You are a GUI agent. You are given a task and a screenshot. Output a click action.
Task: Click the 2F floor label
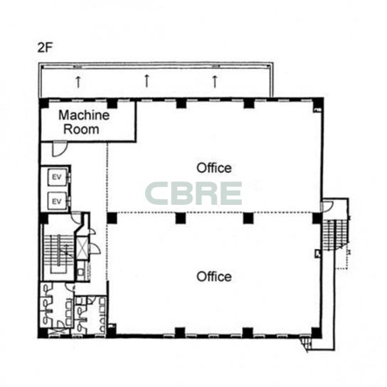click(x=45, y=48)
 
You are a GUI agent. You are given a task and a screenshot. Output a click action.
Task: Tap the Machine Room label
click(x=84, y=122)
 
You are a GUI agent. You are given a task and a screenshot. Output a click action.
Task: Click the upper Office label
click(x=214, y=168)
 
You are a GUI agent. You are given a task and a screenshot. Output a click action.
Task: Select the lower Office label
click(x=214, y=277)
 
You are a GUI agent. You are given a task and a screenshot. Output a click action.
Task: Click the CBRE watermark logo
click(x=193, y=193)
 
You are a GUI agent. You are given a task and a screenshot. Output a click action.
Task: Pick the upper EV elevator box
click(x=57, y=177)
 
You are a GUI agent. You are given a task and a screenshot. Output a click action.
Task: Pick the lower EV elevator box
click(x=57, y=201)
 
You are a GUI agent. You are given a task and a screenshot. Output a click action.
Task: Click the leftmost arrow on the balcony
click(x=78, y=82)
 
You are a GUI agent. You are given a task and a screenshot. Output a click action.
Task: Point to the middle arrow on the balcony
click(x=147, y=80)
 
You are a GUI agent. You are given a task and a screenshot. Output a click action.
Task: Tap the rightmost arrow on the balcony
click(x=215, y=82)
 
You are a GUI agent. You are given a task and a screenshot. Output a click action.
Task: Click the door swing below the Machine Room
click(x=60, y=149)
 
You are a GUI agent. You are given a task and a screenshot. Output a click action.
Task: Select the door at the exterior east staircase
click(x=327, y=206)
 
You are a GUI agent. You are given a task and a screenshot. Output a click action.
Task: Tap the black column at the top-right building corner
click(x=319, y=103)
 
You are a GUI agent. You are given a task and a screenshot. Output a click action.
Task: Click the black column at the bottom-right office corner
click(x=317, y=332)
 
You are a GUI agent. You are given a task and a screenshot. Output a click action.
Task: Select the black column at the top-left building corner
click(x=44, y=103)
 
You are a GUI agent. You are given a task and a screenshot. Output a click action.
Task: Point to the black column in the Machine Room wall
click(x=112, y=103)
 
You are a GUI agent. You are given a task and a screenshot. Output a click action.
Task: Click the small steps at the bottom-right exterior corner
click(x=306, y=344)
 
